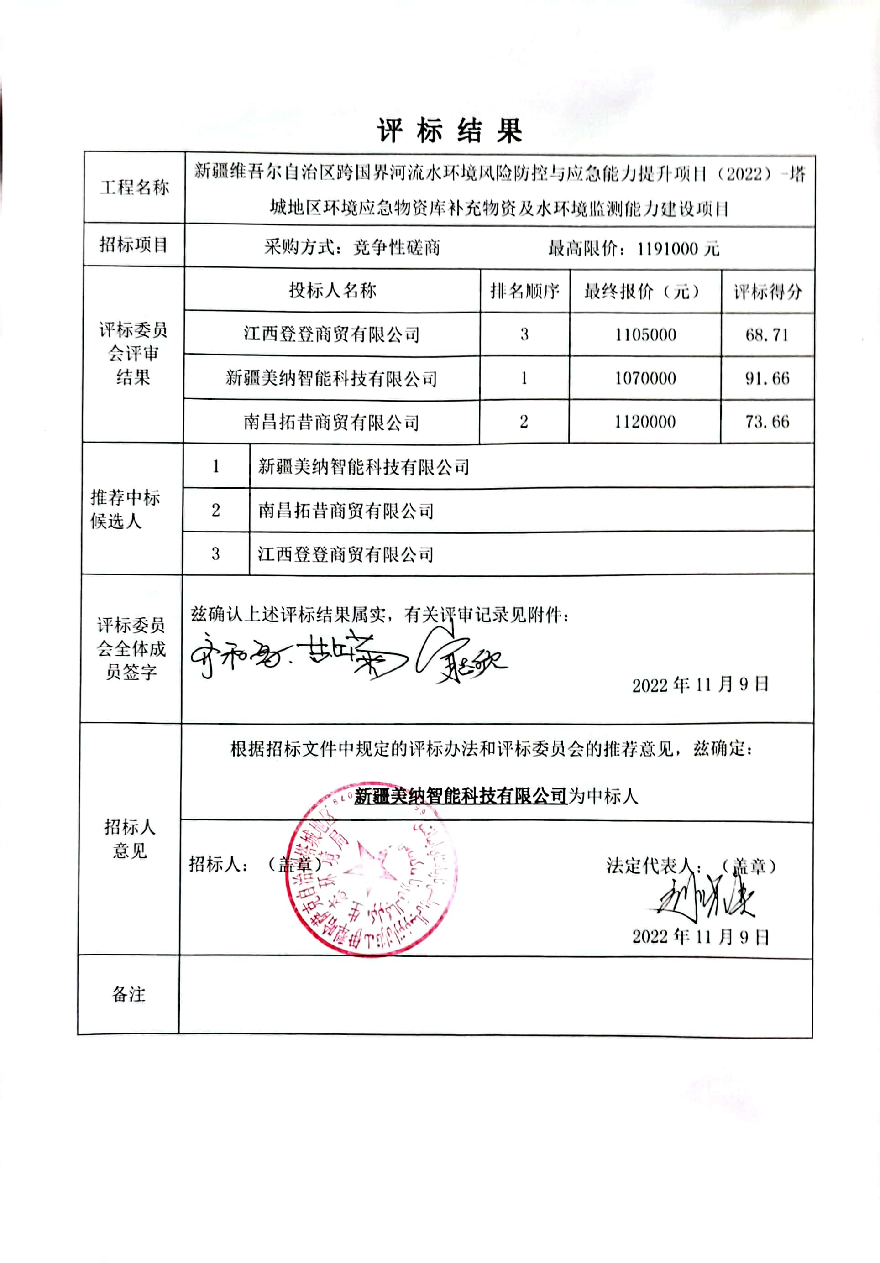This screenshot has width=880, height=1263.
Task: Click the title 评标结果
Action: (x=450, y=131)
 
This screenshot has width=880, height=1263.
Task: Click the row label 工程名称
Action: (x=134, y=188)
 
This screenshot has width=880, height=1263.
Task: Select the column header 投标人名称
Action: (x=332, y=291)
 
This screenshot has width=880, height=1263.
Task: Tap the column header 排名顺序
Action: (x=524, y=291)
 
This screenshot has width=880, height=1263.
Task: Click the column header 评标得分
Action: (x=767, y=292)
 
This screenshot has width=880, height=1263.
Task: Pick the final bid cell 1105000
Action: (x=645, y=334)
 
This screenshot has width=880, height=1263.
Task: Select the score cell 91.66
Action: (x=767, y=378)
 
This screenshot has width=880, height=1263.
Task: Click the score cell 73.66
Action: (x=767, y=422)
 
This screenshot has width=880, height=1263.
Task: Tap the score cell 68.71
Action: (x=767, y=334)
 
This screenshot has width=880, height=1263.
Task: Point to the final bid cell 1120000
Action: (x=645, y=422)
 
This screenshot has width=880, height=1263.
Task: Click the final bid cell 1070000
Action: (x=645, y=378)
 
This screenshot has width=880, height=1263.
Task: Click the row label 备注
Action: (x=129, y=995)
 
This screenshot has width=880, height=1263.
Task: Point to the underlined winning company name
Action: (x=460, y=796)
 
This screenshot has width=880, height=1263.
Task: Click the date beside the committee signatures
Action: (x=700, y=685)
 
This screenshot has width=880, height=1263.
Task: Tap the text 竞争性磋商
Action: (x=396, y=248)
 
